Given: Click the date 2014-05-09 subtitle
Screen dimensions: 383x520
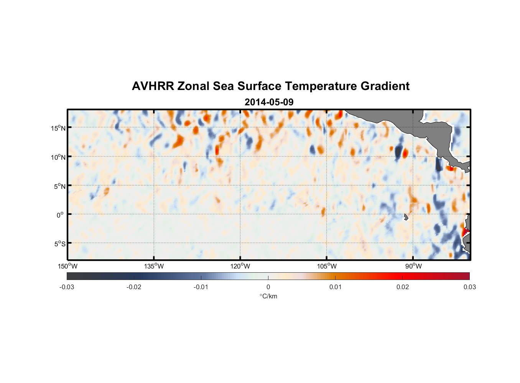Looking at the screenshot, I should coord(269,102).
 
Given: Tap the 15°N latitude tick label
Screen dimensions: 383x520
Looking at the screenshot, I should coord(58,128).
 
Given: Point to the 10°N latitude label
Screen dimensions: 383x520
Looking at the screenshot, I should coord(58,157).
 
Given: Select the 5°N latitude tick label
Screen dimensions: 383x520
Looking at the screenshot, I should coord(59,187).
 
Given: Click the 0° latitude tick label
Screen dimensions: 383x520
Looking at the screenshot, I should coord(60,215).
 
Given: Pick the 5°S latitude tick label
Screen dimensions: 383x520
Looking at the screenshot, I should coord(59,244).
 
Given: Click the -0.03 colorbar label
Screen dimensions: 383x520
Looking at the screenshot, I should coord(67,287).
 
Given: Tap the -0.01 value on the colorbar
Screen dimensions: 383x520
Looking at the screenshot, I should coord(201,287).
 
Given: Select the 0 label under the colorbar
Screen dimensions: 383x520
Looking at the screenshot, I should coord(268,287).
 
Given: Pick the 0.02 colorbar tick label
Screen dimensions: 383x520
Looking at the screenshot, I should coord(403,287).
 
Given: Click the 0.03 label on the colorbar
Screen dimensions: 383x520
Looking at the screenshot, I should coord(469,287).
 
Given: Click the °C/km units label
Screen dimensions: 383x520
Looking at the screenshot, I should coord(268,296).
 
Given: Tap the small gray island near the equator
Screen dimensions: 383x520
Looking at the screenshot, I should coord(406,217).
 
